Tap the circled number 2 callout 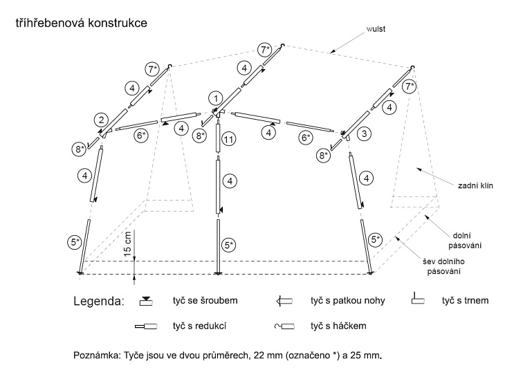tap(101, 118)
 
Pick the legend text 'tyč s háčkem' tap(340, 325)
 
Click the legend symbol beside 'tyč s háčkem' tap(285, 326)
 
